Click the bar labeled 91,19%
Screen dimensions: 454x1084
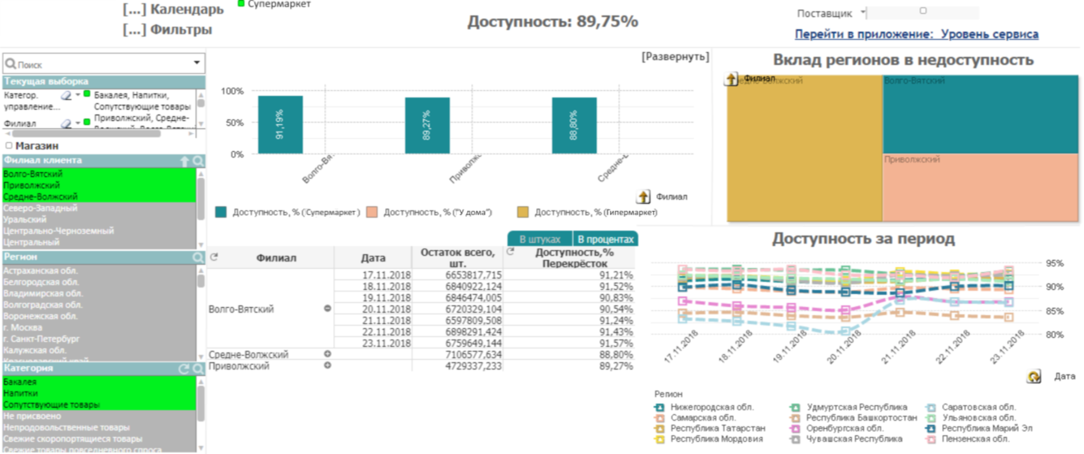[x=280, y=125]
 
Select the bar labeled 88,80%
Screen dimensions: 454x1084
[x=574, y=126]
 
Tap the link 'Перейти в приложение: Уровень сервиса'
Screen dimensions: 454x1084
[x=916, y=34]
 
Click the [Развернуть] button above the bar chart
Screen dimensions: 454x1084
[x=674, y=57]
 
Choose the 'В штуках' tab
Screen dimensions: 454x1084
[x=540, y=240]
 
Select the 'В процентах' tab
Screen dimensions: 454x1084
[x=605, y=240]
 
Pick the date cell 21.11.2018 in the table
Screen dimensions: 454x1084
[x=386, y=321]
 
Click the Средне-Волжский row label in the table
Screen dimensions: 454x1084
[x=248, y=355]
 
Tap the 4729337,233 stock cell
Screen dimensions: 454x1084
[x=469, y=366]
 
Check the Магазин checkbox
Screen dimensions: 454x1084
[x=9, y=146]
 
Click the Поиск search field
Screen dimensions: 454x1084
[x=97, y=64]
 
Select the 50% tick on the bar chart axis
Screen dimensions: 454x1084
[x=234, y=123]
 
